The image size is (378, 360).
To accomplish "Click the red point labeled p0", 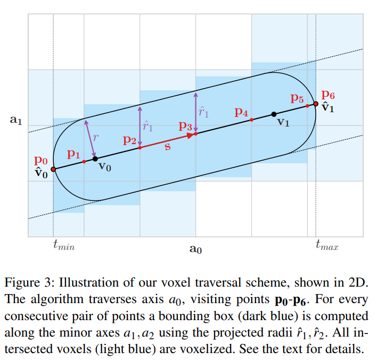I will (x=53, y=170).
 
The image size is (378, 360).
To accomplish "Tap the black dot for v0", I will (x=95, y=158).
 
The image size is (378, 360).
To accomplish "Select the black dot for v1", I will (x=274, y=114).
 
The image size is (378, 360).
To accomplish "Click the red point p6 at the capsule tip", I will (x=316, y=104).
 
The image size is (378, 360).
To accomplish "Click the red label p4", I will (x=241, y=112).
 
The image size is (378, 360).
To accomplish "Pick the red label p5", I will (x=297, y=98).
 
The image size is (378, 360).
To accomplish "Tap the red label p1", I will (x=73, y=154).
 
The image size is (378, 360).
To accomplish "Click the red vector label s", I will (x=167, y=146).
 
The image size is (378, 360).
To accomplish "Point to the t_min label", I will (x=64, y=246).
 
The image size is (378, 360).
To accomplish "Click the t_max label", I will (x=327, y=246).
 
